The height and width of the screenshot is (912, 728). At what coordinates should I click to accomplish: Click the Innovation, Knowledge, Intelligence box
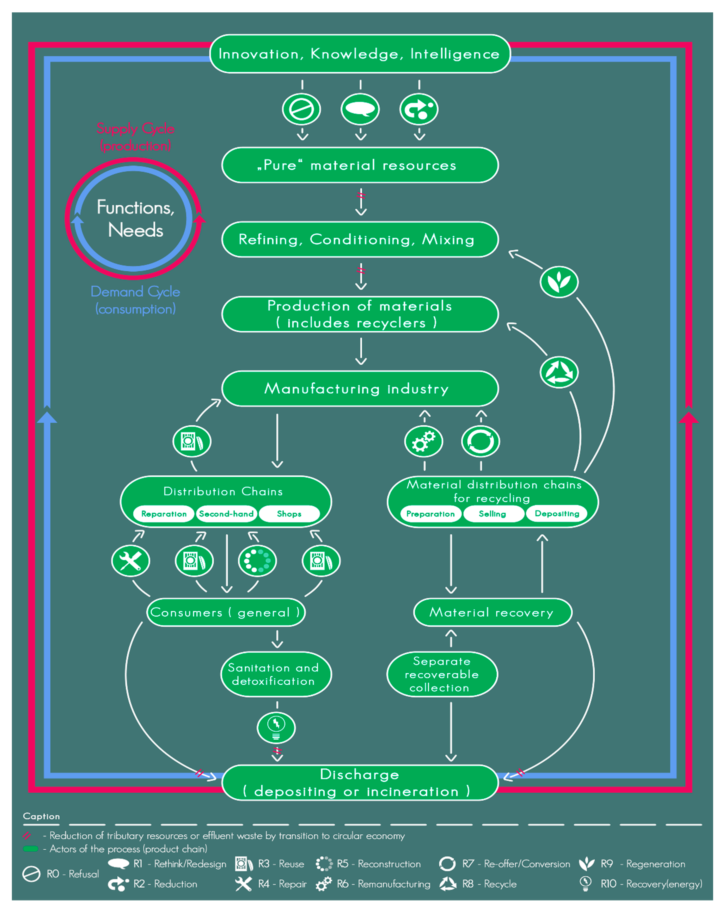coord(360,54)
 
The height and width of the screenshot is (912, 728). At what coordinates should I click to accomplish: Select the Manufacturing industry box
coord(360,388)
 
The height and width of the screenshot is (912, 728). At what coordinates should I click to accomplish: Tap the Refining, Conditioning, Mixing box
coord(360,239)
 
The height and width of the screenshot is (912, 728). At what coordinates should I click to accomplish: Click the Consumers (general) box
coord(226,612)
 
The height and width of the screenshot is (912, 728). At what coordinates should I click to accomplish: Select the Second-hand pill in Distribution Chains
coord(226,514)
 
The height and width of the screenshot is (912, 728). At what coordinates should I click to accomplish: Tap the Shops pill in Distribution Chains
coord(289,514)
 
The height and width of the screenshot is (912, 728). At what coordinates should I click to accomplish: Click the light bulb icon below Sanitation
coord(276,728)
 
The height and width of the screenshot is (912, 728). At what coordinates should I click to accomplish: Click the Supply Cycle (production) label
coord(135,137)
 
